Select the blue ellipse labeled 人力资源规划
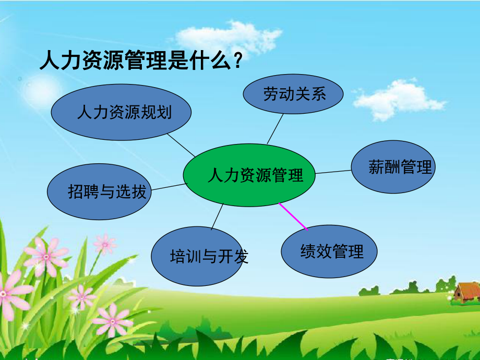[x=122, y=112]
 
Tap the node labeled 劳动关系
[x=294, y=94]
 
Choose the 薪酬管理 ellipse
[x=393, y=167]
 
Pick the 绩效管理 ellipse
[x=329, y=252]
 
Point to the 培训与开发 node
[x=200, y=256]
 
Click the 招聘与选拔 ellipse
[x=99, y=191]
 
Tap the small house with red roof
[x=466, y=292]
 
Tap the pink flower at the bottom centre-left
[x=112, y=319]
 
